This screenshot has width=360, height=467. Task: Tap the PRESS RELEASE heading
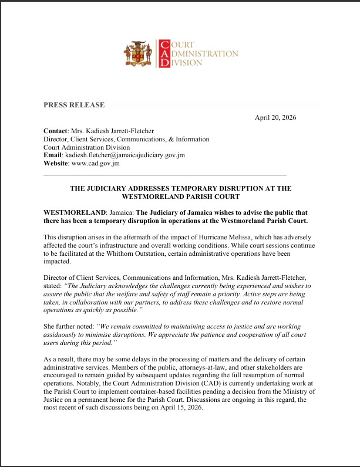[x=74, y=105]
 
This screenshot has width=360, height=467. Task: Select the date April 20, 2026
[x=275, y=117]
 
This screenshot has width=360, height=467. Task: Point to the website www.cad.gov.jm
[x=95, y=164]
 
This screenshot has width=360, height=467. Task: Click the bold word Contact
[x=55, y=131]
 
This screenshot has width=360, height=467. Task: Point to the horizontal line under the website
[x=164, y=175]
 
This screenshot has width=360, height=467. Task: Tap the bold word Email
[x=53, y=155]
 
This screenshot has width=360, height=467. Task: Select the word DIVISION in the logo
[x=187, y=63]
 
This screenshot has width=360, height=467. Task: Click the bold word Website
[x=56, y=164]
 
